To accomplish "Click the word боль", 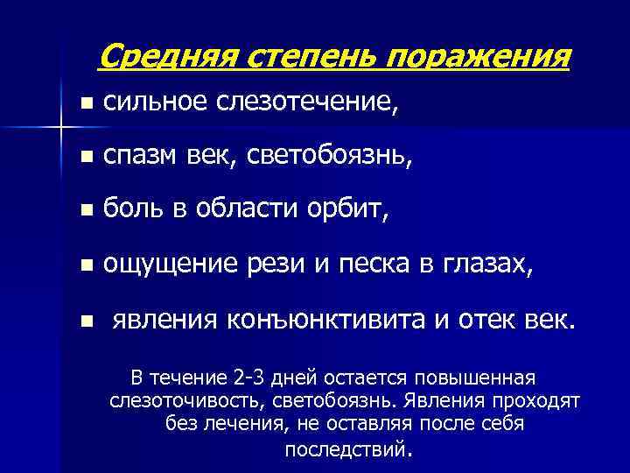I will (x=131, y=210).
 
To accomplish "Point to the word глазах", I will (x=484, y=265).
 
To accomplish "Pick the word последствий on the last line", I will (x=346, y=450).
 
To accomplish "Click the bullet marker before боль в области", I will (x=84, y=211).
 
